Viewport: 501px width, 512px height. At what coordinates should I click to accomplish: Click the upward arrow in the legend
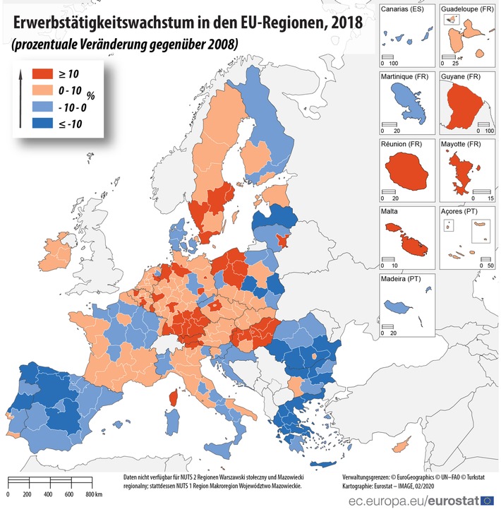(x=21, y=99)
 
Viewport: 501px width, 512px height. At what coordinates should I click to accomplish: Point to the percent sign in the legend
(x=90, y=96)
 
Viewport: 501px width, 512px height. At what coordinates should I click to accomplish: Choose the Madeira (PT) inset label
(x=404, y=280)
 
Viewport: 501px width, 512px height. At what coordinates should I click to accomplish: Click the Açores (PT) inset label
(x=461, y=212)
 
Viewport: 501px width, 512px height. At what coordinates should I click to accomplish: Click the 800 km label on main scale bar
(x=95, y=494)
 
